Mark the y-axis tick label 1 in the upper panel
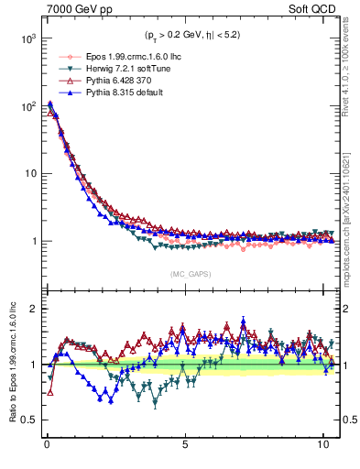coord(31,242)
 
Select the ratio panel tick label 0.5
coord(27,420)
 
